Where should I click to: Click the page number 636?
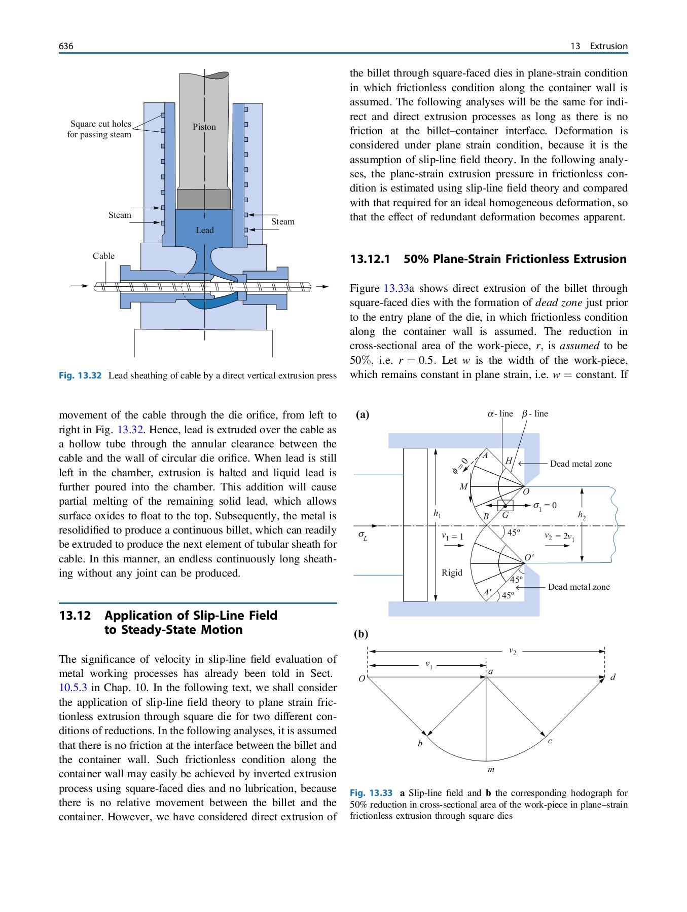point(66,46)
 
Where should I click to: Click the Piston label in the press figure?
point(204,127)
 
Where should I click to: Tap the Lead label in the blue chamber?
point(205,230)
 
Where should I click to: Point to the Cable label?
point(103,256)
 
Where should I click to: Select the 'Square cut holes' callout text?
point(100,124)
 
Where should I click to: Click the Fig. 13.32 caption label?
point(80,375)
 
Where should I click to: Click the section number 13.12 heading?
point(75,616)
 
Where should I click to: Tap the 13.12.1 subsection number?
point(370,259)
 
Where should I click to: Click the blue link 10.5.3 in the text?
point(73,688)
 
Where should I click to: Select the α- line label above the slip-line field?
point(500,413)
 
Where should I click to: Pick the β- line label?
point(535,413)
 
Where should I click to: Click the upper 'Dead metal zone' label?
point(581,464)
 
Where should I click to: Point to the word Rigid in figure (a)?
point(452,573)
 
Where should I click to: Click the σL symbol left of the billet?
point(363,535)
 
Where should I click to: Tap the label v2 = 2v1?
point(559,537)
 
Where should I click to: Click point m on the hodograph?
point(491,770)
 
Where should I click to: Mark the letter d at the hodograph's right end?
point(613,677)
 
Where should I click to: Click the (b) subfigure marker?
point(361,634)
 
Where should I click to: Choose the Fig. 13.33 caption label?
point(371,793)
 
